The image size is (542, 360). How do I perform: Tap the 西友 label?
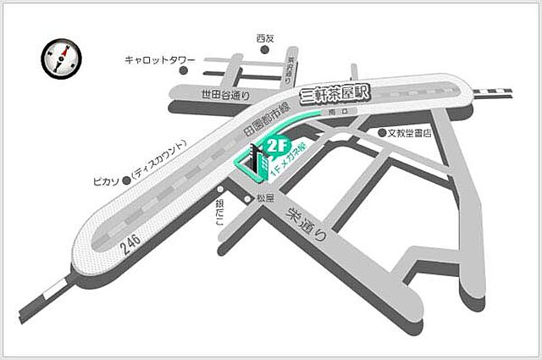click(266, 37)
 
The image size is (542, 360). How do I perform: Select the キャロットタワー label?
click(160, 60)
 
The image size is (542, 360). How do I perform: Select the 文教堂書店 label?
click(411, 133)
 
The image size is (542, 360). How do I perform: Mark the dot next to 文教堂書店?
click(382, 133)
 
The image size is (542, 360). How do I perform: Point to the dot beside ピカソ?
click(125, 180)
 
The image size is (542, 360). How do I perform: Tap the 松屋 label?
click(265, 198)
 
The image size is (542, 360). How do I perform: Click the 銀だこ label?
click(219, 213)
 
